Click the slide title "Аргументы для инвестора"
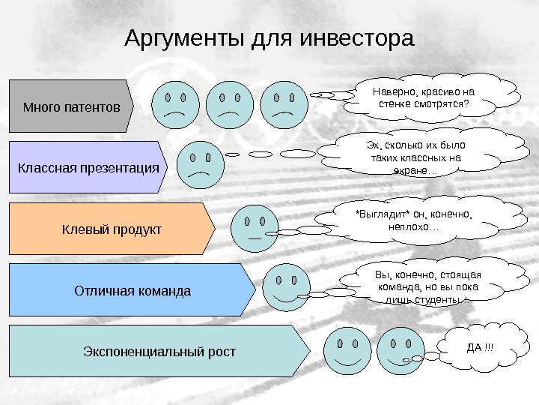click(269, 38)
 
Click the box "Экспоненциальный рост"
click(158, 350)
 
